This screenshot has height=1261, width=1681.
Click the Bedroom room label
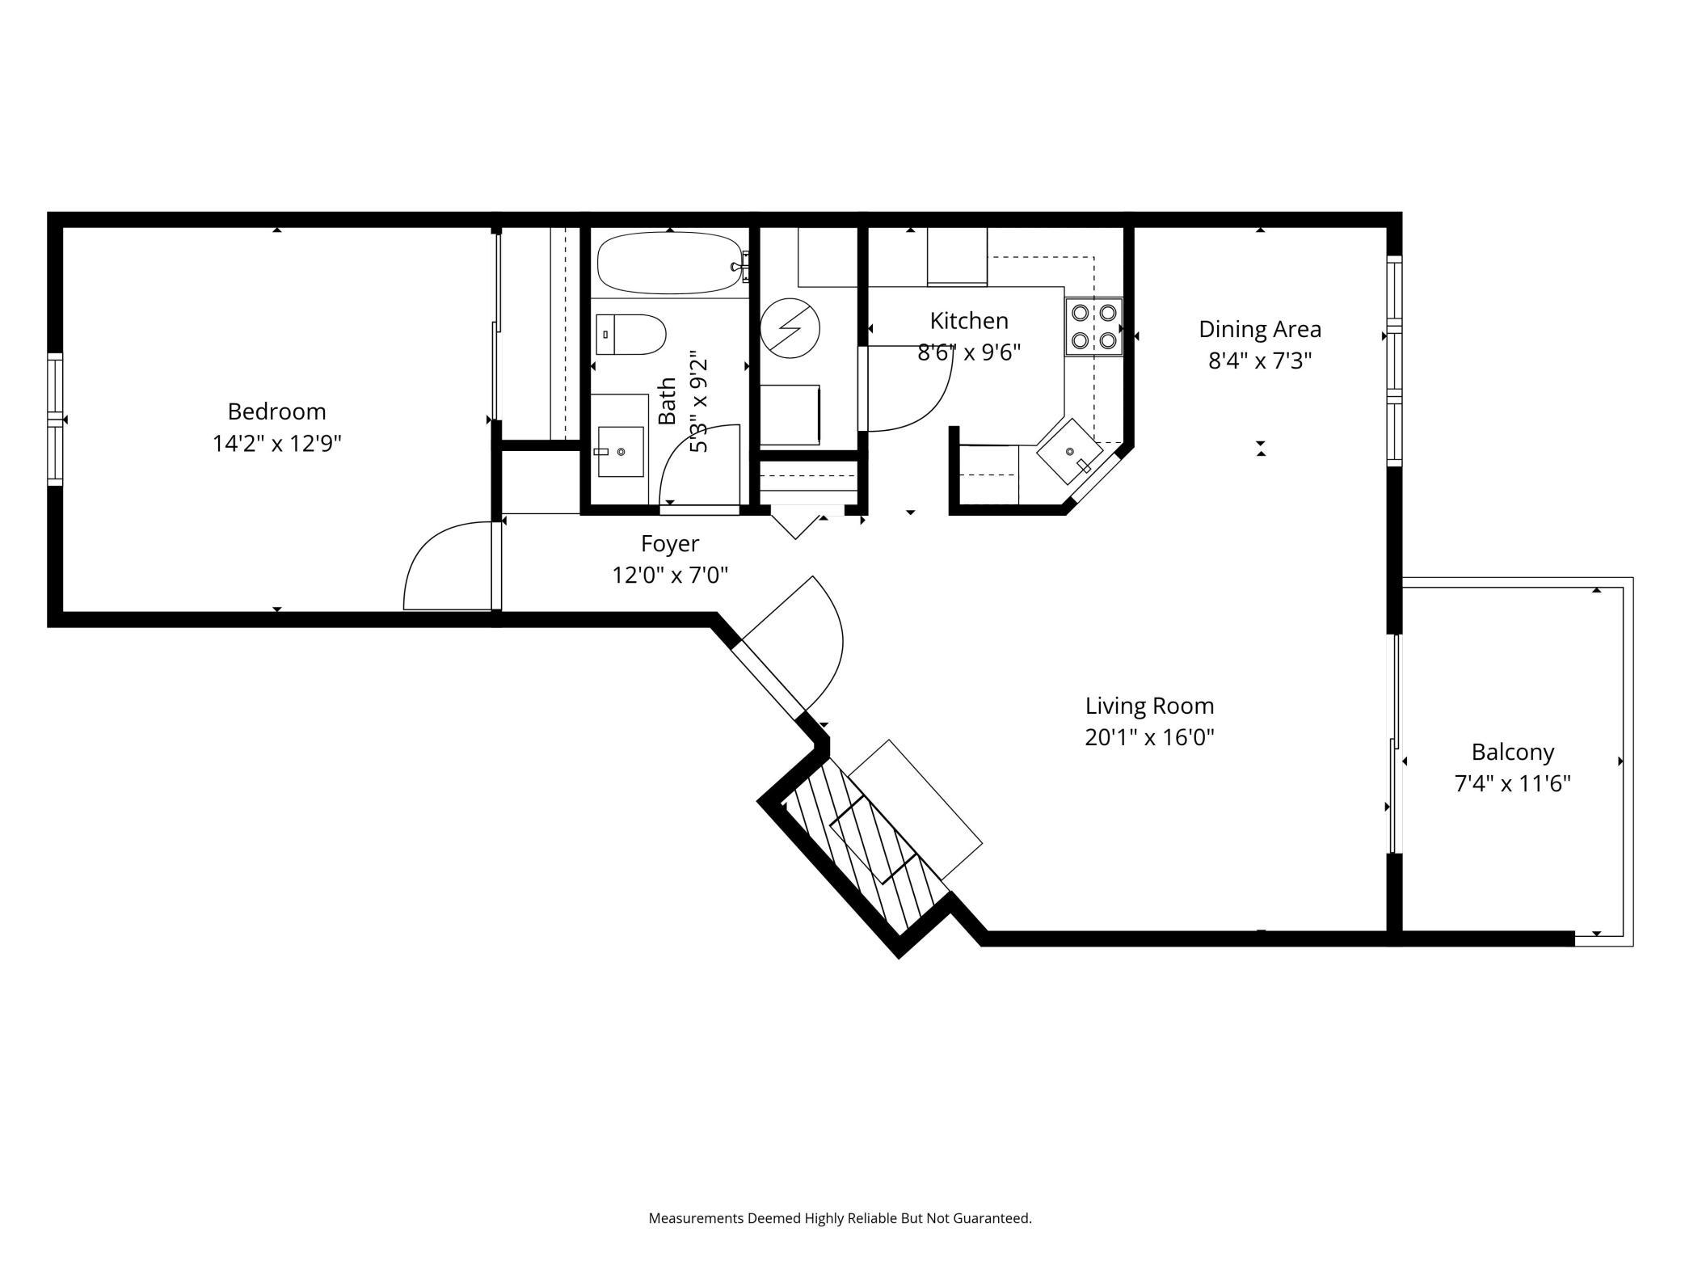coord(276,411)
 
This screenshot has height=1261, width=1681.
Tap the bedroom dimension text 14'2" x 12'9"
coord(276,444)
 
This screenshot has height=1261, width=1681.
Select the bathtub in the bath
coord(669,263)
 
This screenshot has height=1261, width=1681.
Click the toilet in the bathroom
coord(630,335)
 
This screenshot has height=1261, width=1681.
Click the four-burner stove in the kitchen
coord(1094,327)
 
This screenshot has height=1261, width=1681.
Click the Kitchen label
coord(969,321)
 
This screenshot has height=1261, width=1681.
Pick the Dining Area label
coord(1260,329)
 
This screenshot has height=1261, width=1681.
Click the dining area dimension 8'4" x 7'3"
coord(1260,361)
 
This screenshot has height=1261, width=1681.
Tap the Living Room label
coord(1149,706)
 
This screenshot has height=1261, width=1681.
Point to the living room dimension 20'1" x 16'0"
coord(1149,737)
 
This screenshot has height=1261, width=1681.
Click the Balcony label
coord(1513,753)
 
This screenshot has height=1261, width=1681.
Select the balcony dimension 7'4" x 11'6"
coord(1513,784)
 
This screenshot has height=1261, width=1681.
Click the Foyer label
coord(670,543)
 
